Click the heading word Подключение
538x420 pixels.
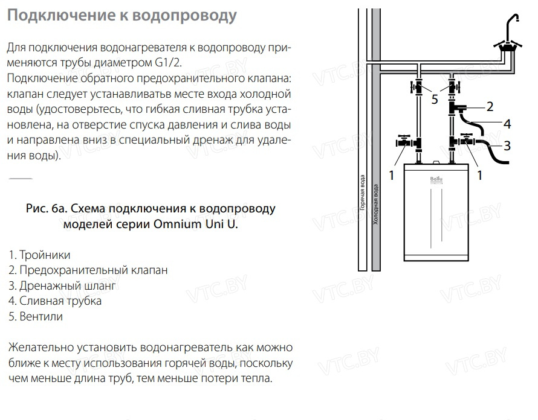coord(61,16)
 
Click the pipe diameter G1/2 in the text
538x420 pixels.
coord(169,63)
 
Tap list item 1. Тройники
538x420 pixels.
coord(39,255)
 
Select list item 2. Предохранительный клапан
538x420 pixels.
coord(88,270)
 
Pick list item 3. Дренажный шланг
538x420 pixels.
coord(62,285)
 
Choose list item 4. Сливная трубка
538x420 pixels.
coord(55,301)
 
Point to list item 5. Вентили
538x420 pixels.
coord(36,316)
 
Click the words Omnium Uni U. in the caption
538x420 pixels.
coord(196,224)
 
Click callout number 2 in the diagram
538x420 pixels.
coord(490,107)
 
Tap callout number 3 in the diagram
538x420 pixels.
coord(507,145)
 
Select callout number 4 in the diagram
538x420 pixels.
coord(507,124)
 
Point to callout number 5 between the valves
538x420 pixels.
coord(435,100)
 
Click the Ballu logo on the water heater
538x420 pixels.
coord(436,179)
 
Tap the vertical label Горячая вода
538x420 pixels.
coord(362,192)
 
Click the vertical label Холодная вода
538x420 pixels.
coord(376,205)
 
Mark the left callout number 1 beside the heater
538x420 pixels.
coord(392,176)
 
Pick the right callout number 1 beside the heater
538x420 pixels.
coord(480,176)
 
